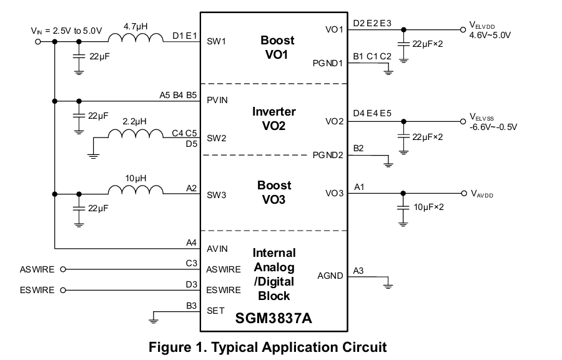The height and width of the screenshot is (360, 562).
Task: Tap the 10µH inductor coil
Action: [x=136, y=190]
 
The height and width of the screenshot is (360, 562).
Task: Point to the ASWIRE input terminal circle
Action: [x=62, y=270]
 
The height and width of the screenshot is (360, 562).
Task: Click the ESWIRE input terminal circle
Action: [x=62, y=291]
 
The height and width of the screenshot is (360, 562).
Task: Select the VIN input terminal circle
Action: [x=38, y=42]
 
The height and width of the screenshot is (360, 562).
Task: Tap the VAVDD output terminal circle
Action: [x=463, y=193]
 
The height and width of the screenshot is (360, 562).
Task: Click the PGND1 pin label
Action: [x=328, y=63]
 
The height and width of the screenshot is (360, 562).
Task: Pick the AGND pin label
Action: [x=330, y=276]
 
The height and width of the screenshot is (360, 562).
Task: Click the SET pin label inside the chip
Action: [x=215, y=311]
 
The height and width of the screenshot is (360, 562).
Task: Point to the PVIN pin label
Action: [x=217, y=100]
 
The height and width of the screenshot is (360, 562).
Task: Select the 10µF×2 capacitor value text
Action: [x=428, y=207]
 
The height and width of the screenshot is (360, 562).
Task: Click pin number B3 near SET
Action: [x=191, y=306]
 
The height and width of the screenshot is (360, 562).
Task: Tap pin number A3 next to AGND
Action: [x=358, y=271]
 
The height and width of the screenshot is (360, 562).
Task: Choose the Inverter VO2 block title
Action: [x=274, y=119]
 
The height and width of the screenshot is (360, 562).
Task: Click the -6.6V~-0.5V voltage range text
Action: [x=493, y=127]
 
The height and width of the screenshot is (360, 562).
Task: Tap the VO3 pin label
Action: [x=334, y=193]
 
